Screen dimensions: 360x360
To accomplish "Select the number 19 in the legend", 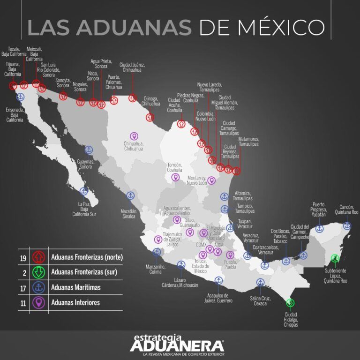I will tap(23, 257).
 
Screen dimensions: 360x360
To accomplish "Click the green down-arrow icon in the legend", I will tap(38, 272).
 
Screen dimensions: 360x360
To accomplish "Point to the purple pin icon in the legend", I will tap(38, 302).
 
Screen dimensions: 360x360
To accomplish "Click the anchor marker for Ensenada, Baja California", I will tap(20, 97).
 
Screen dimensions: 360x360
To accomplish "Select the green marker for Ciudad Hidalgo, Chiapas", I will tap(291, 303).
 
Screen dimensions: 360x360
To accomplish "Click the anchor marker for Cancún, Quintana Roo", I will tap(347, 226).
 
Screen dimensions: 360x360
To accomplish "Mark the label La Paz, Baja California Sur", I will tap(84, 209).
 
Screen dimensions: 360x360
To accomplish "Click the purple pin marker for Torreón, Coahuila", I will tap(175, 178).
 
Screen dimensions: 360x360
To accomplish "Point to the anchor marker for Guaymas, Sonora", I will tap(88, 150).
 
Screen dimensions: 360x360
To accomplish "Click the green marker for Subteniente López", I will tap(335, 258).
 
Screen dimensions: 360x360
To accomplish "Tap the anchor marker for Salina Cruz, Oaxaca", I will tap(260, 282).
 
